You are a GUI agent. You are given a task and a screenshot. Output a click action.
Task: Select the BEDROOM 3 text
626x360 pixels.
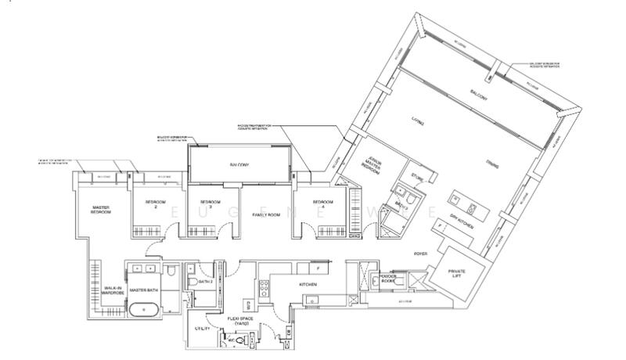pos(205,201)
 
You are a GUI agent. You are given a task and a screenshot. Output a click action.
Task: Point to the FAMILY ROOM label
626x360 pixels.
pos(254,214)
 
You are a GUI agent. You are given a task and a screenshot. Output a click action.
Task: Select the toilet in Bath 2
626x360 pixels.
pos(192,283)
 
